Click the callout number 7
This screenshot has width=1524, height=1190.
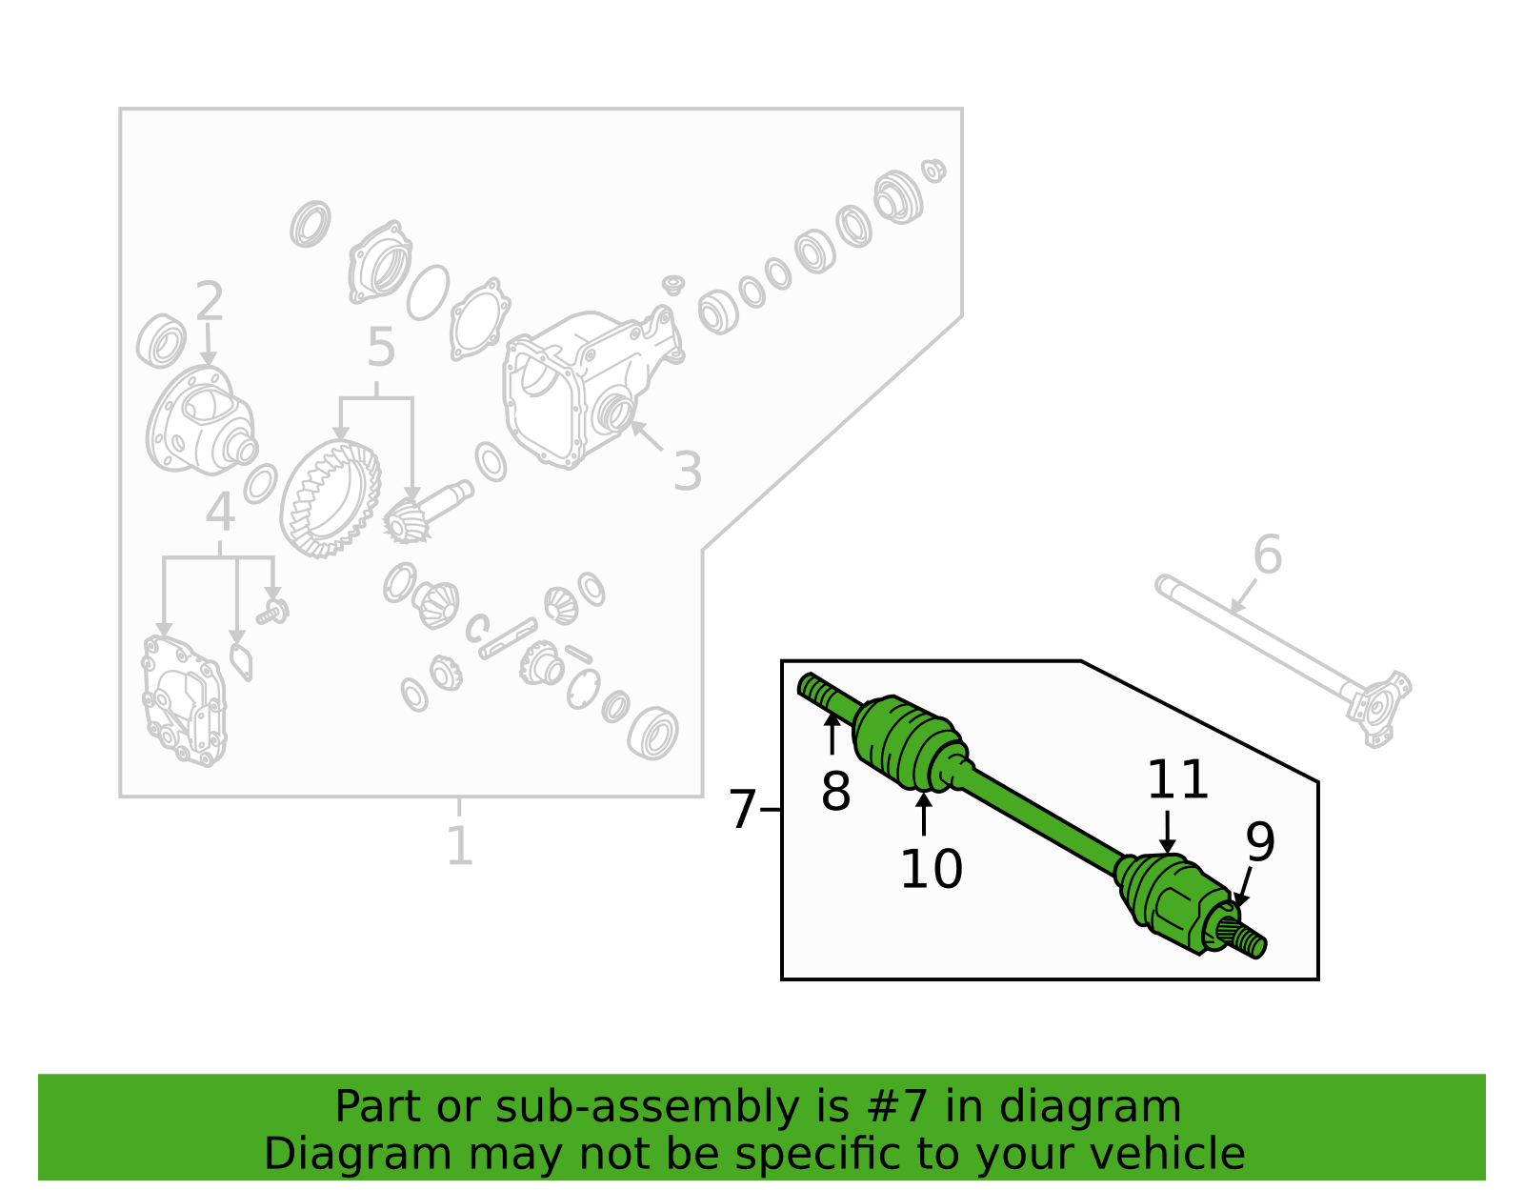click(x=742, y=810)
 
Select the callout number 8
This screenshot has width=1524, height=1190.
click(x=835, y=791)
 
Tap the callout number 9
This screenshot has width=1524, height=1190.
click(x=1259, y=841)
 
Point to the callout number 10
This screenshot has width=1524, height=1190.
click(x=931, y=869)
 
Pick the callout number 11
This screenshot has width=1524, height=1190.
click(x=1177, y=779)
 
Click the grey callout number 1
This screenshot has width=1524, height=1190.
click(x=460, y=845)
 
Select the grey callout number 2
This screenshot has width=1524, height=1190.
click(x=209, y=301)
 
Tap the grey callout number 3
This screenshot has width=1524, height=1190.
click(x=688, y=471)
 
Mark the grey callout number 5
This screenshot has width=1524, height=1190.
click(x=381, y=347)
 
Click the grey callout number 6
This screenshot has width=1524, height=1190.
click(x=1268, y=554)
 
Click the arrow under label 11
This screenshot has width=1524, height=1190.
click(x=1167, y=833)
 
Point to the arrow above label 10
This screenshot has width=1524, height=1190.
click(x=924, y=814)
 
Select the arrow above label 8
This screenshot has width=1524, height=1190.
click(x=832, y=733)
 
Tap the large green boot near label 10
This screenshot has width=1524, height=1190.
click(x=911, y=743)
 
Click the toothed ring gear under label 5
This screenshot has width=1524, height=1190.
click(x=331, y=497)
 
